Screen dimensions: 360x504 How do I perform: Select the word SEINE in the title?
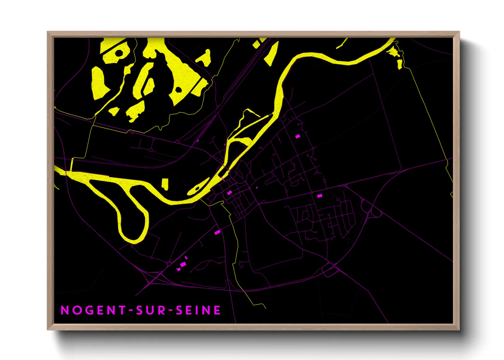pos(198,310)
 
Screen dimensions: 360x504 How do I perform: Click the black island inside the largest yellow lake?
pos(178,89)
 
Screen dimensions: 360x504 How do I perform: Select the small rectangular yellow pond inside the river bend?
pos(165,184)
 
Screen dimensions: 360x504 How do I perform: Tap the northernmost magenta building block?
pos(298,136)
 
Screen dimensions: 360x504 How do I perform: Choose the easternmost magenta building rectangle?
pos(319,196)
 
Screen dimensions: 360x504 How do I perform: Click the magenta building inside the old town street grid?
pos(230,193)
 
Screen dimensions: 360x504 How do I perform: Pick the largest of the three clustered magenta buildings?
pos(183,264)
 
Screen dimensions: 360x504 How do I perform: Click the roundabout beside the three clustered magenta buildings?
pos(169,264)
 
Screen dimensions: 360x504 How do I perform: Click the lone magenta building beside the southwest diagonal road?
pos(217,232)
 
